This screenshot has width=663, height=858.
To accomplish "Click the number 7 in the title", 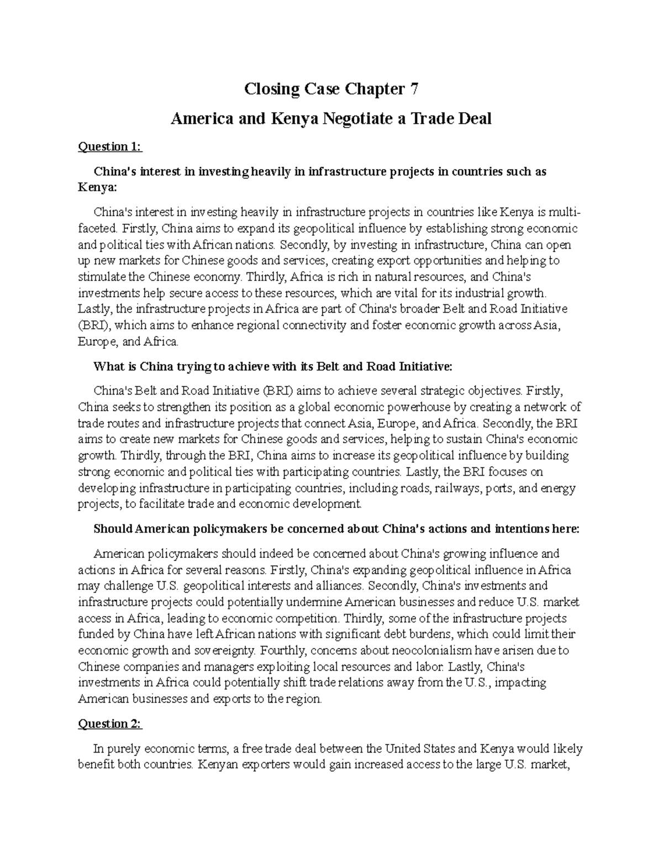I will pyautogui.click(x=413, y=89).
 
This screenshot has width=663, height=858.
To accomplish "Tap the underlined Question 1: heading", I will pyautogui.click(x=110, y=146).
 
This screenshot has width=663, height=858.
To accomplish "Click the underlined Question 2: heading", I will pyautogui.click(x=110, y=724).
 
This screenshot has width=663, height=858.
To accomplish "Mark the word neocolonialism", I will pyautogui.click(x=396, y=650).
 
